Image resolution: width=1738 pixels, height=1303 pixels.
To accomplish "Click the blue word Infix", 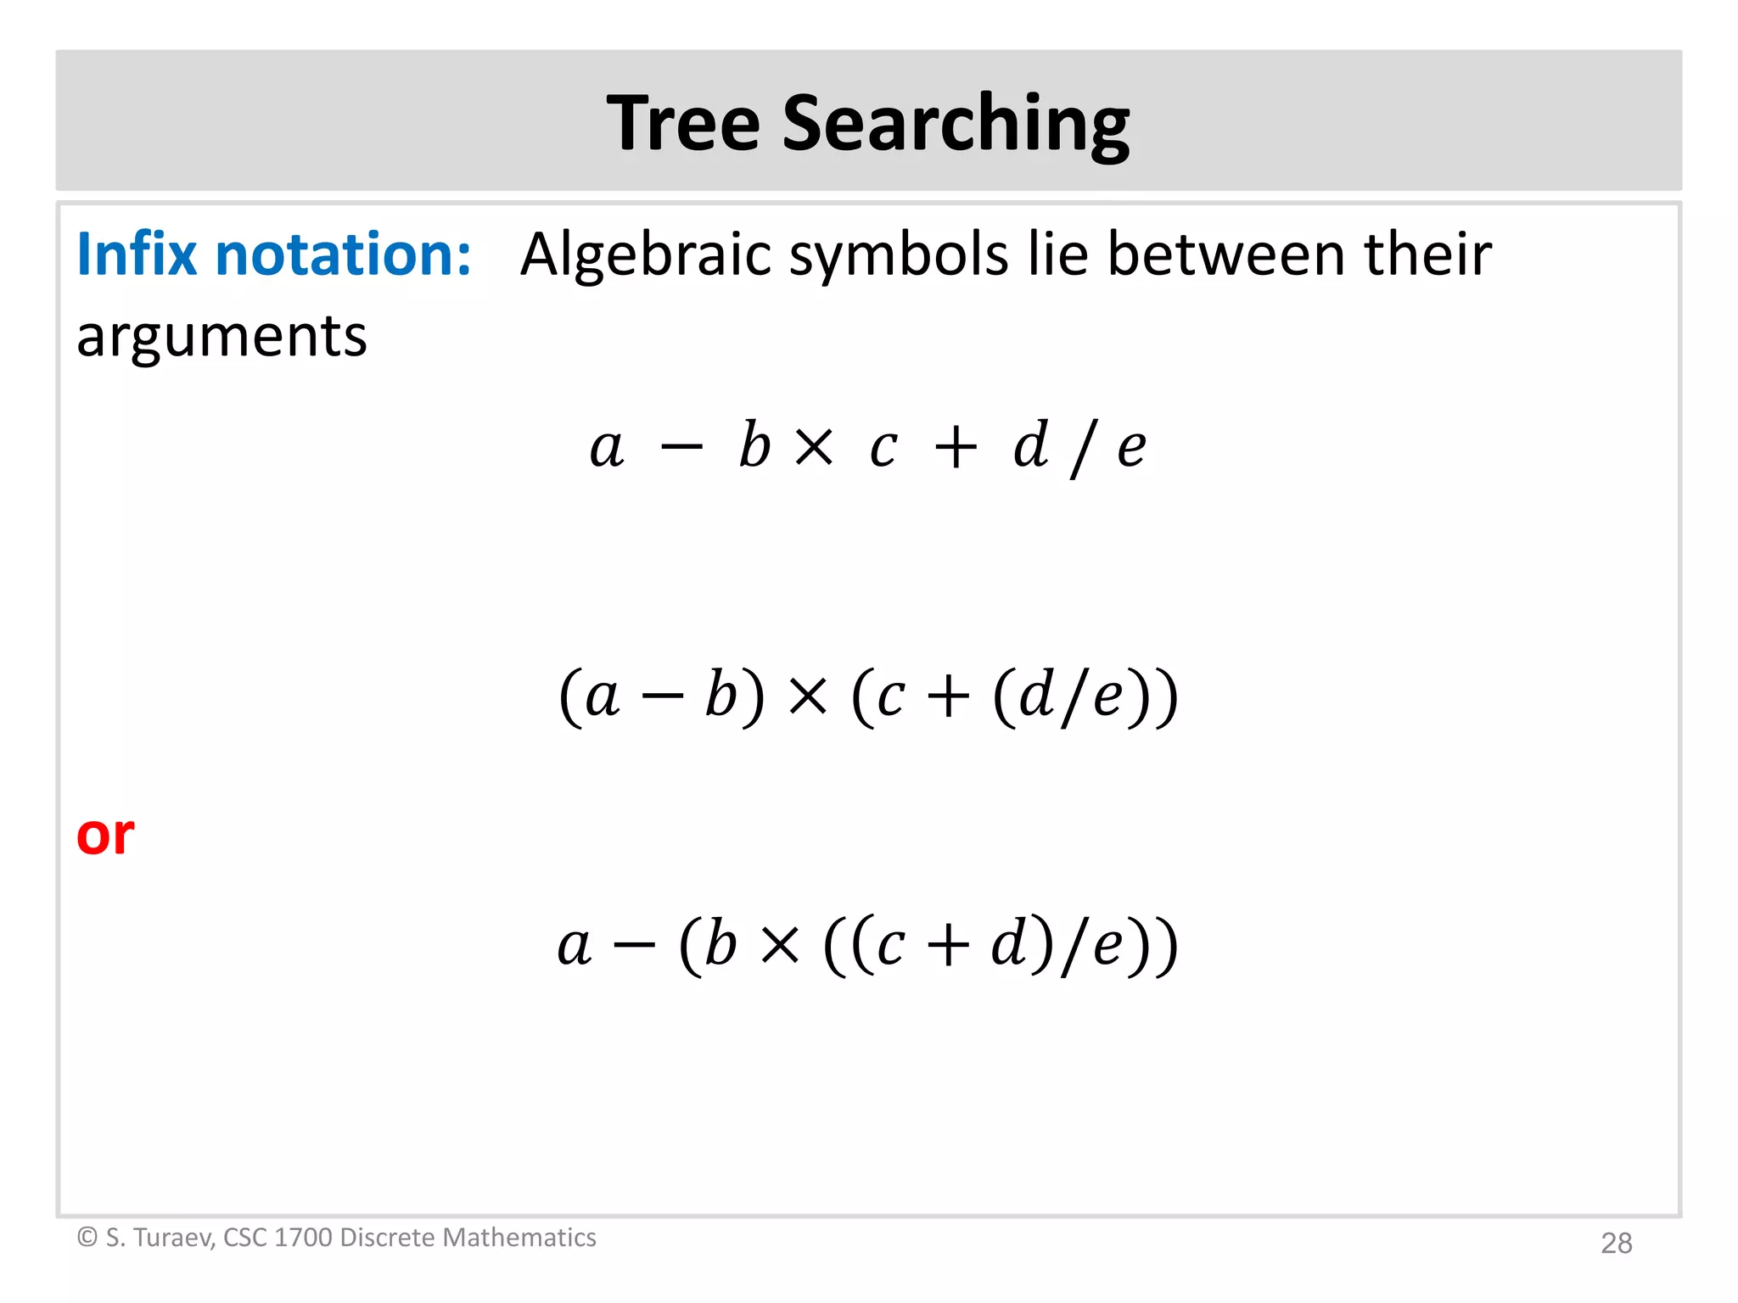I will (137, 254).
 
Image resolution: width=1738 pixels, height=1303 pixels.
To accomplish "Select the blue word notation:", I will (343, 254).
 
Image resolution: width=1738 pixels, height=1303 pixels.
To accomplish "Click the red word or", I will (104, 835).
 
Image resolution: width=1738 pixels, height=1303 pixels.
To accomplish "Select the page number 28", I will (1616, 1243).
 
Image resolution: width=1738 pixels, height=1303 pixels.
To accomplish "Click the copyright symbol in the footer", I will (87, 1237).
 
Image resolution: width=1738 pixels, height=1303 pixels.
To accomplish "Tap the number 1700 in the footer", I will (303, 1238).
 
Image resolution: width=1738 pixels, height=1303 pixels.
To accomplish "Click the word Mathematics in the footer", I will (519, 1238).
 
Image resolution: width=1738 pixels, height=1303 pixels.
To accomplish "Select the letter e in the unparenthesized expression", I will (1131, 447).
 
